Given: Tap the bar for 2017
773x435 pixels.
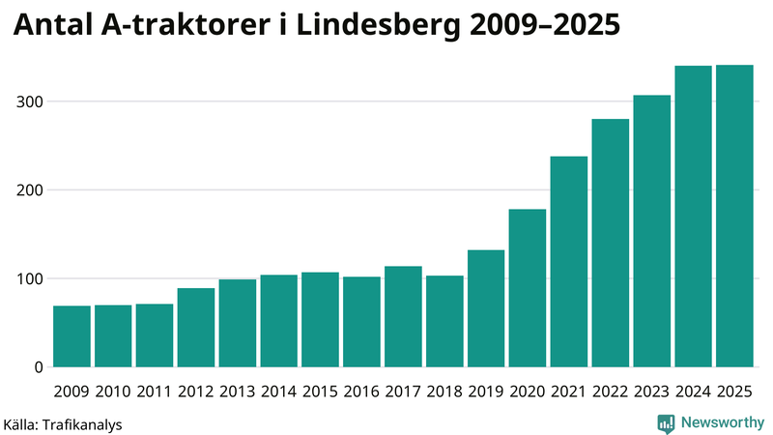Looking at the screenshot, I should (x=403, y=316).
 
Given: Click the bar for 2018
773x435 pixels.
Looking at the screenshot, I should (x=444, y=321).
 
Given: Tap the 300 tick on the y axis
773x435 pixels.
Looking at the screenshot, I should (x=29, y=101).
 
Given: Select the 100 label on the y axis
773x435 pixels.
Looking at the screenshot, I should (x=29, y=278).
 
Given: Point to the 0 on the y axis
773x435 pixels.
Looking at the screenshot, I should (x=38, y=367).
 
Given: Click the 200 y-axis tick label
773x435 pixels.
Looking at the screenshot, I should (x=29, y=190).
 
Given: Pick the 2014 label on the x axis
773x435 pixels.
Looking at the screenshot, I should (x=278, y=391).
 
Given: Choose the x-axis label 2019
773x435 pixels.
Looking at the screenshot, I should (x=486, y=391).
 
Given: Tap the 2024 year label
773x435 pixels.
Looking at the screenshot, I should (x=693, y=391).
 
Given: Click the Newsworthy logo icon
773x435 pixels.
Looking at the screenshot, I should (x=666, y=422).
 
